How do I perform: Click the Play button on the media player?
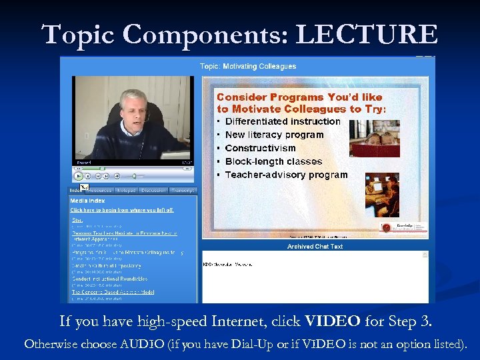coord(79,176)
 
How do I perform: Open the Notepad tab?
coord(126,190)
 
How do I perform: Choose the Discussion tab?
coord(153,190)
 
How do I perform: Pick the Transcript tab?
coord(183,190)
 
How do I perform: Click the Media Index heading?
coord(88,200)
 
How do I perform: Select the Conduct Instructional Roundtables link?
coord(109,279)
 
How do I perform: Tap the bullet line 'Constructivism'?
coord(260,148)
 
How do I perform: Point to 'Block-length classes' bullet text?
coord(273,161)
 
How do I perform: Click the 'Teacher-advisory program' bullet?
coord(286,175)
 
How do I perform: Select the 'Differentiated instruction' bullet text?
coord(283,121)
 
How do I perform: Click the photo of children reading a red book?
coord(375,138)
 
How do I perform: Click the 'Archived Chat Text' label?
coord(315,247)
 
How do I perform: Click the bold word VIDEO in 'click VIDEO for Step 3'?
coord(333,322)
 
